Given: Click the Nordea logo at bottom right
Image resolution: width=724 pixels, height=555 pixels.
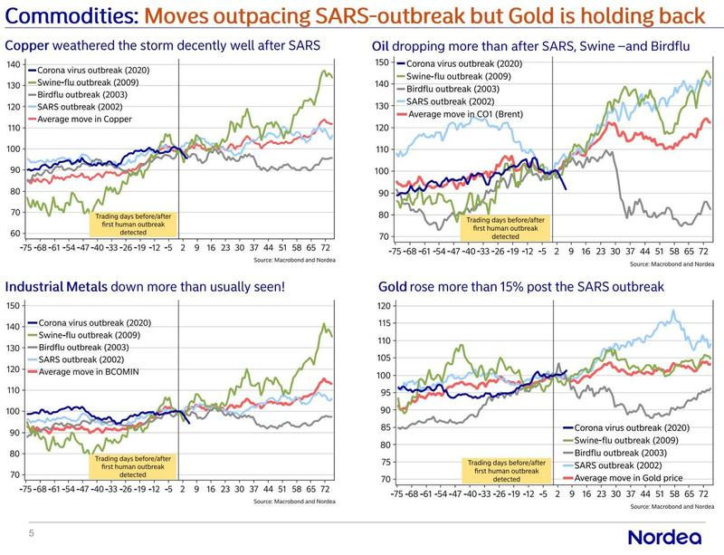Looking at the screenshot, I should (x=667, y=535).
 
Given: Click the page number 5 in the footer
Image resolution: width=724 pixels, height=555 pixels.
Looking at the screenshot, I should (x=32, y=534).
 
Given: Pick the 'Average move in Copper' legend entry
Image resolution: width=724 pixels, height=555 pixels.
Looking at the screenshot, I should (x=87, y=120).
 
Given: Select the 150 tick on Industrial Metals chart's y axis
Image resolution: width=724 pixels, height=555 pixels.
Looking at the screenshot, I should (x=14, y=305).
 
